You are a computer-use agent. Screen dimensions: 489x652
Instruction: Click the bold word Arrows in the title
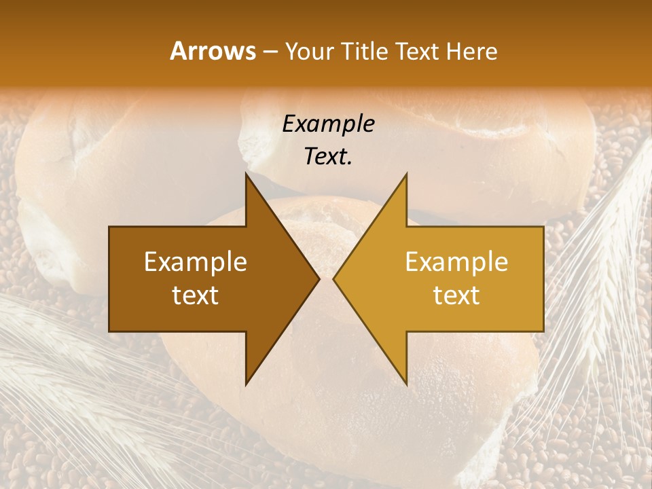pyautogui.click(x=213, y=51)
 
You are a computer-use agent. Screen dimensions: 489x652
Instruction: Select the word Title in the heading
pyautogui.click(x=364, y=51)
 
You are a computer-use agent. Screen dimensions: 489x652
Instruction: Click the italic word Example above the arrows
pyautogui.click(x=328, y=124)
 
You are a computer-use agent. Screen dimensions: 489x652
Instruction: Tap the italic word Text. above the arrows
pyautogui.click(x=328, y=157)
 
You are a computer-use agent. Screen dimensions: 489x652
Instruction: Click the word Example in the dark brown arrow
pyautogui.click(x=196, y=261)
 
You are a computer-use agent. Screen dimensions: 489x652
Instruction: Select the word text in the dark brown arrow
pyautogui.click(x=196, y=295)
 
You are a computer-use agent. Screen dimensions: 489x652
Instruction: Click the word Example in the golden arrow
pyautogui.click(x=456, y=261)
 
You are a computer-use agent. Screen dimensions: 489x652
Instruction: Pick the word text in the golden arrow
pyautogui.click(x=456, y=295)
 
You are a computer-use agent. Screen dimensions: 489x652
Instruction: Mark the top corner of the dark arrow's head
pyautogui.click(x=247, y=175)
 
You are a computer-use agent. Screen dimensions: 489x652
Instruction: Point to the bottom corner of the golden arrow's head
pyautogui.click(x=406, y=384)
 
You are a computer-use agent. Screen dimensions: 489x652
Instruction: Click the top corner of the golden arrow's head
pyautogui.click(x=406, y=175)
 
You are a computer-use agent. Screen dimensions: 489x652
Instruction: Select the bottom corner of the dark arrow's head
pyautogui.click(x=247, y=384)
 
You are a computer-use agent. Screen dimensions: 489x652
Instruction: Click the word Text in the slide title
pyautogui.click(x=416, y=51)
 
